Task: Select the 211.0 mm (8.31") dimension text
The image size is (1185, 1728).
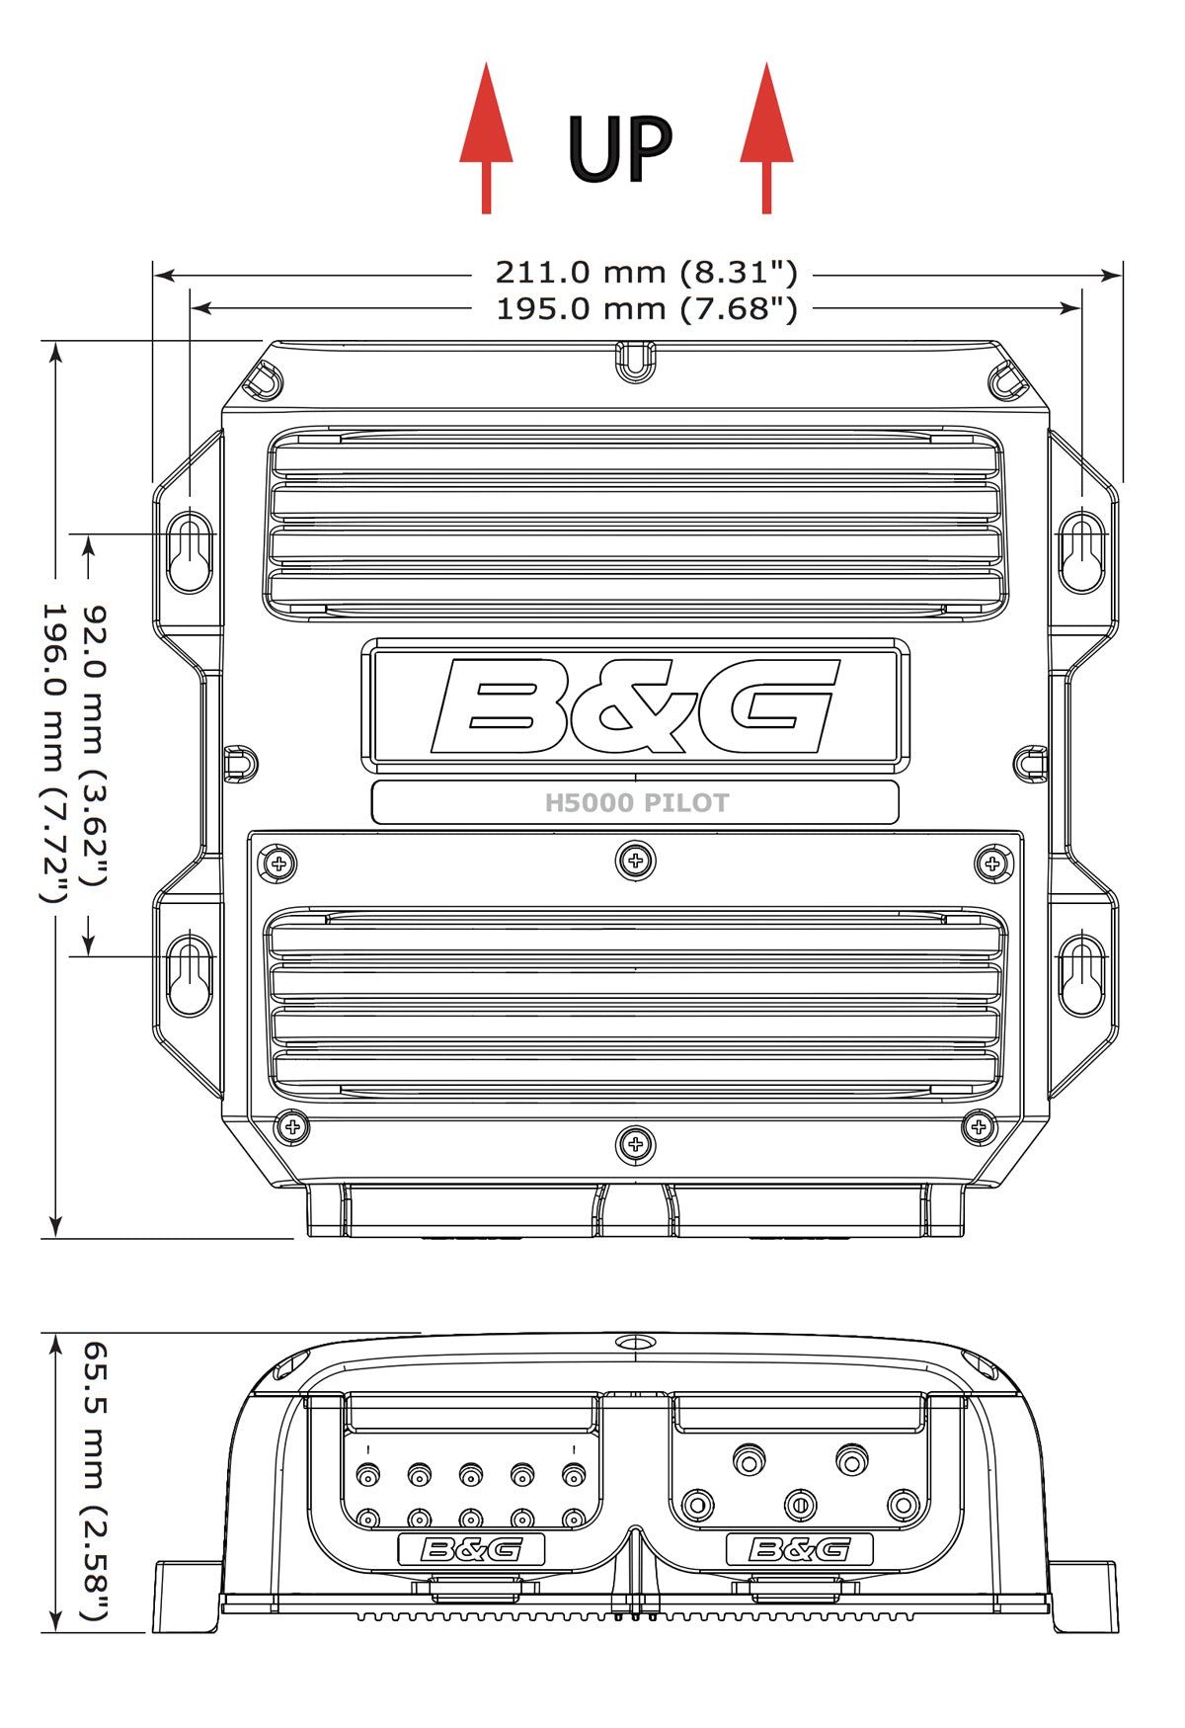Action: [646, 272]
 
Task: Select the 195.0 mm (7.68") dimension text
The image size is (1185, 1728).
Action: [646, 308]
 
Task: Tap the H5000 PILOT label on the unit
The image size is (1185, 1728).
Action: [636, 803]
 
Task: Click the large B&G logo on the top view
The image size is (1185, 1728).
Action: [635, 704]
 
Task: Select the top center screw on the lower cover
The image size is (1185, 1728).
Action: [635, 861]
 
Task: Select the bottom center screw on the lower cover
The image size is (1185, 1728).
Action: [635, 1145]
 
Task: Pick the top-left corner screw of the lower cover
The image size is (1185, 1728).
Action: [279, 864]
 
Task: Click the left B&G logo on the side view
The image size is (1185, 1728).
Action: [471, 1549]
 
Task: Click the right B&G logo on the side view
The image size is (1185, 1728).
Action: [799, 1549]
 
